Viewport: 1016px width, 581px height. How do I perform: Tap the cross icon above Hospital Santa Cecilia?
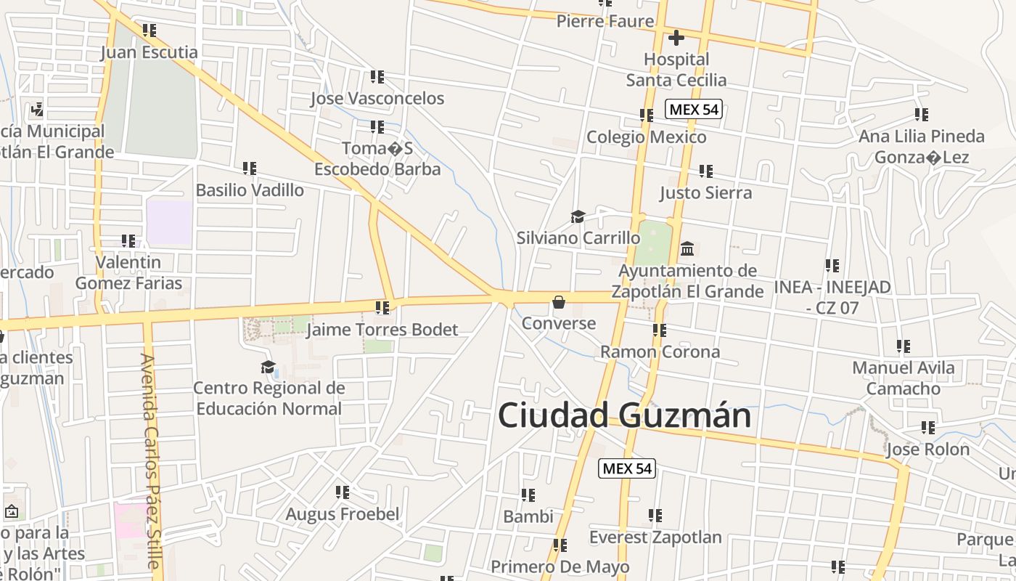tap(676, 37)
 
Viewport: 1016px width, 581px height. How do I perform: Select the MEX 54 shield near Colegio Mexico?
tap(693, 110)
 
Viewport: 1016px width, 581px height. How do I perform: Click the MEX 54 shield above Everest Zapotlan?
tap(627, 468)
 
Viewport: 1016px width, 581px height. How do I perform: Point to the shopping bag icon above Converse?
tap(559, 302)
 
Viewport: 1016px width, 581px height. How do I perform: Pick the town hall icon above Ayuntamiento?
tap(687, 249)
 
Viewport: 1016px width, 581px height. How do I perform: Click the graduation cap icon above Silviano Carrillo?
tap(578, 216)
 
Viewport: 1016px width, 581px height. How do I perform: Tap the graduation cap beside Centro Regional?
tap(269, 367)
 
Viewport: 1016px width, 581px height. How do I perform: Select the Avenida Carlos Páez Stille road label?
tap(150, 461)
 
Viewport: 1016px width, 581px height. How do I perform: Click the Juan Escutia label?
tap(149, 52)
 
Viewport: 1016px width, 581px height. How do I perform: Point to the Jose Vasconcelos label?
tap(377, 98)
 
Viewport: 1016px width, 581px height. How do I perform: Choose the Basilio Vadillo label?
tap(250, 190)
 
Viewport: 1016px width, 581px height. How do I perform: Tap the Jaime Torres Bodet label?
tap(382, 330)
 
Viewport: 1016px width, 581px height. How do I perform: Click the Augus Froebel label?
tap(343, 514)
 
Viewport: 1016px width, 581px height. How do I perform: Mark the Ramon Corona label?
tap(660, 352)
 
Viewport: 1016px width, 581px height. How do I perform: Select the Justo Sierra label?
tap(705, 192)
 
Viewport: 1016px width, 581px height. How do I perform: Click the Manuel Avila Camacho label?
tap(904, 378)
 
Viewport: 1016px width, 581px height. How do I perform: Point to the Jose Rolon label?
tap(927, 450)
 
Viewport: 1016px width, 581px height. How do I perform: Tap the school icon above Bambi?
tap(528, 495)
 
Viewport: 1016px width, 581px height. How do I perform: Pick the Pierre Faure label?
tap(605, 21)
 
